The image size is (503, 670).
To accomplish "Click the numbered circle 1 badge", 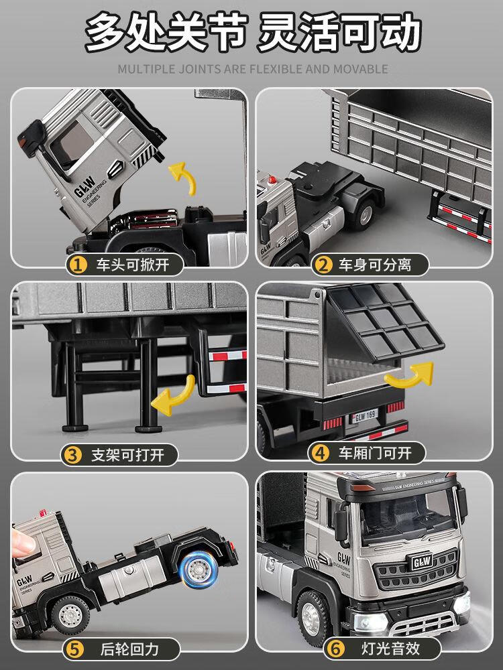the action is [x=77, y=265].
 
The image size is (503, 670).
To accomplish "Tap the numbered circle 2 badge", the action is [x=323, y=265].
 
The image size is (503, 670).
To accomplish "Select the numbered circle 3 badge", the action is [x=72, y=455].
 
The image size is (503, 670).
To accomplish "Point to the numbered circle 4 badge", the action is [x=320, y=454].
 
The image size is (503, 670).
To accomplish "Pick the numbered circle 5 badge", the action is [x=75, y=650].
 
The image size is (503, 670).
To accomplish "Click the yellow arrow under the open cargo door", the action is [x=410, y=376].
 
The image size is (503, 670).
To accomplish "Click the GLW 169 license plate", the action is [x=365, y=415].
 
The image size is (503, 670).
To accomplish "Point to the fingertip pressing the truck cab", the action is [x=21, y=543].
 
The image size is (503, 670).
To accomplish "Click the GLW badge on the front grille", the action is [x=422, y=561].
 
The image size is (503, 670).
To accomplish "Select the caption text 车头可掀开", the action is [x=133, y=265].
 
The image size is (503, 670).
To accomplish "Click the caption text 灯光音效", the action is [x=390, y=649].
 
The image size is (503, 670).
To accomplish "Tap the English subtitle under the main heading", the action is [x=253, y=69].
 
